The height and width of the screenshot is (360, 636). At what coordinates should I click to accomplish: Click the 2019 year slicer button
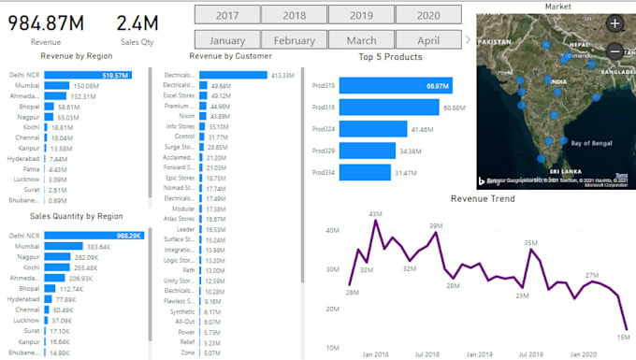[x=361, y=15]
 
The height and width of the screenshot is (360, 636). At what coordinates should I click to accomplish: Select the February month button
[x=295, y=41]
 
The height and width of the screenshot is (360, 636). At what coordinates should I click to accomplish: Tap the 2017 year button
[x=226, y=15]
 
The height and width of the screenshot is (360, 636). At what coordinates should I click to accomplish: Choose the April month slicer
[x=428, y=41]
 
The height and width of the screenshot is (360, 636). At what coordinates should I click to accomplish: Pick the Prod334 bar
[x=365, y=173]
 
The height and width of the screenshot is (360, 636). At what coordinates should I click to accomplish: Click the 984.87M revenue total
[x=47, y=23]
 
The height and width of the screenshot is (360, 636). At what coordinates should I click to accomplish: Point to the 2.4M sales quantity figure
[x=137, y=23]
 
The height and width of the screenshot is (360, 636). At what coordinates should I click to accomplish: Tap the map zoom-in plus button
[x=614, y=23]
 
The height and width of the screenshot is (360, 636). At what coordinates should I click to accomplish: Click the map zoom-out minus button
[x=614, y=52]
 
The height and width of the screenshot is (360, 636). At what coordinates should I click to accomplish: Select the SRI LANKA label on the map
[x=568, y=172]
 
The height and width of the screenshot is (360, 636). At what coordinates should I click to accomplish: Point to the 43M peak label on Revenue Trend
[x=376, y=215]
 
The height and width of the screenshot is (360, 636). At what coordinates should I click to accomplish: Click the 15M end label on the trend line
[x=624, y=337]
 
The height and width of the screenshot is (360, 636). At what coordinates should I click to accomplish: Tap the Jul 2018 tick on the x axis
[x=426, y=354]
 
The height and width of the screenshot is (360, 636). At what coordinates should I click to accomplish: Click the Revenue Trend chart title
[x=483, y=199]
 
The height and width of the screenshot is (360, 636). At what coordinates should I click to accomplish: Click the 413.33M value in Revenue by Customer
[x=282, y=75]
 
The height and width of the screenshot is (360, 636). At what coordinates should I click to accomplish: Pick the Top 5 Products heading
[x=391, y=57]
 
